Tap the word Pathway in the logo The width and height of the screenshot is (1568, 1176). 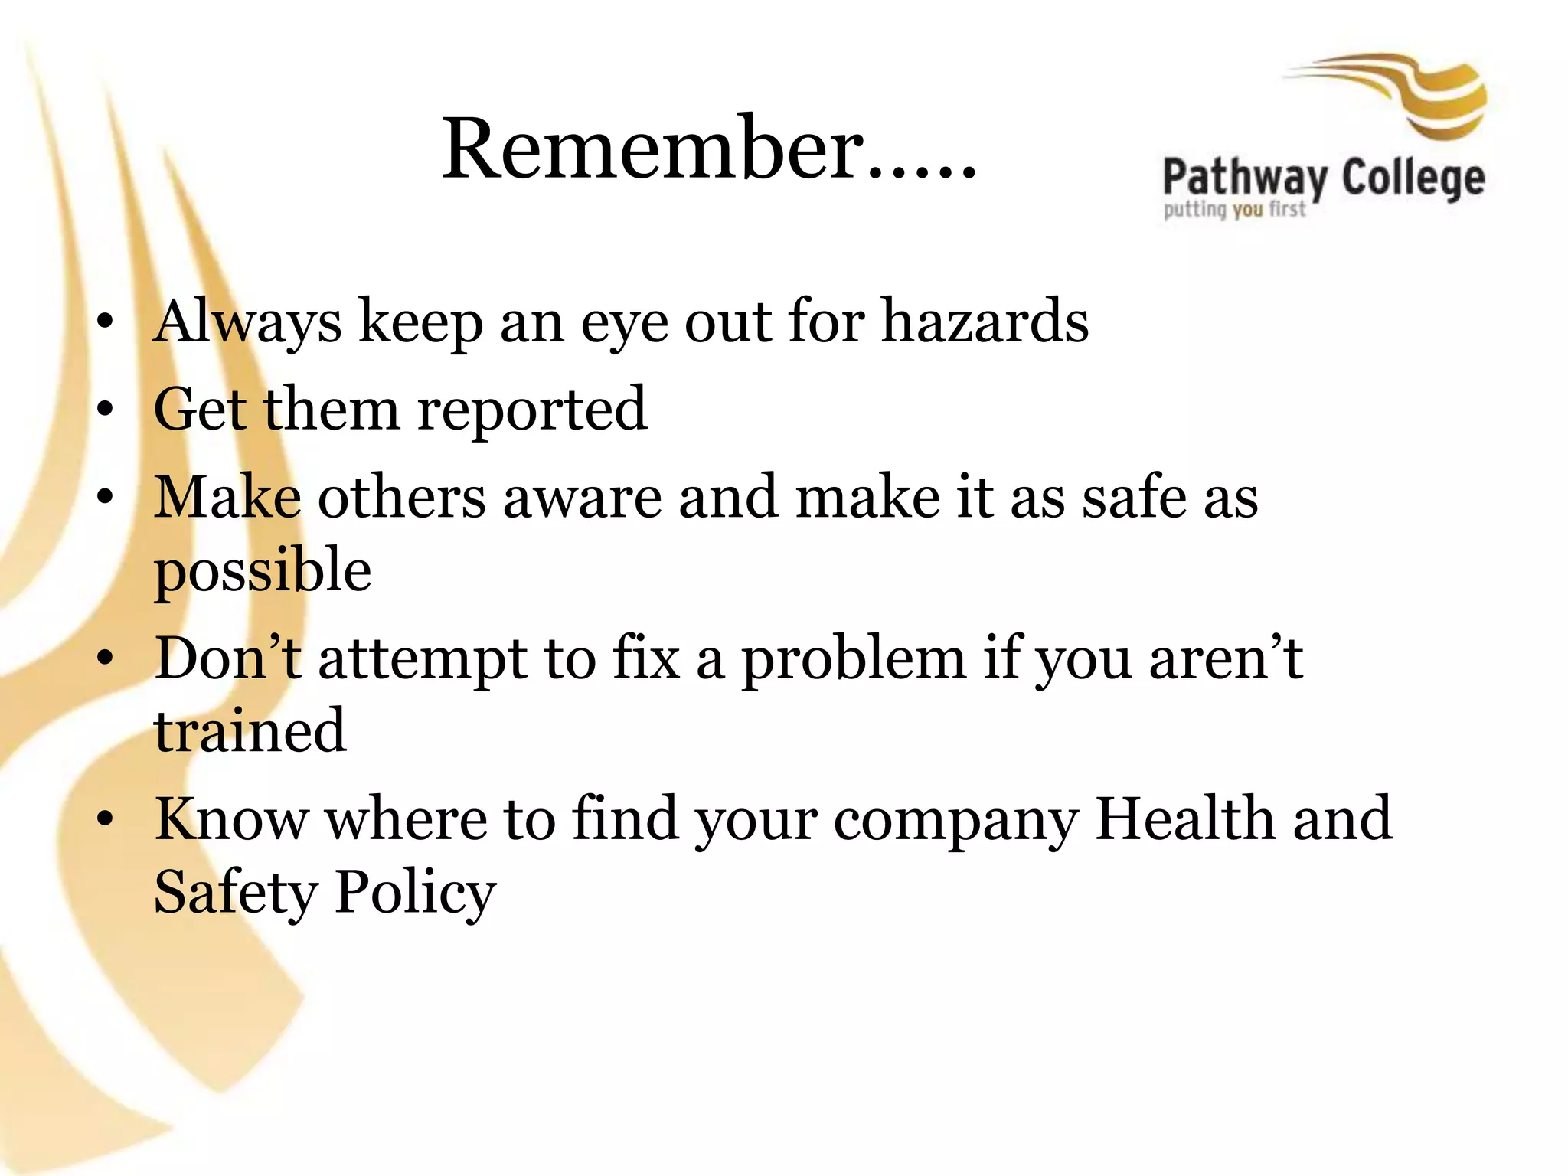pyautogui.click(x=1245, y=179)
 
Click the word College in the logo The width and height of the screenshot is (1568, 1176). pyautogui.click(x=1413, y=179)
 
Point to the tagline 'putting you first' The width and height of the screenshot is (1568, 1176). pyautogui.click(x=1234, y=209)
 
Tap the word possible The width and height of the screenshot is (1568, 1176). pyautogui.click(x=263, y=571)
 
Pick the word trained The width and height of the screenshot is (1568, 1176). pyautogui.click(x=250, y=731)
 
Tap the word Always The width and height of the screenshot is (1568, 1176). pyautogui.click(x=247, y=322)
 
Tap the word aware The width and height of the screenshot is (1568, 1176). pyautogui.click(x=582, y=498)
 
